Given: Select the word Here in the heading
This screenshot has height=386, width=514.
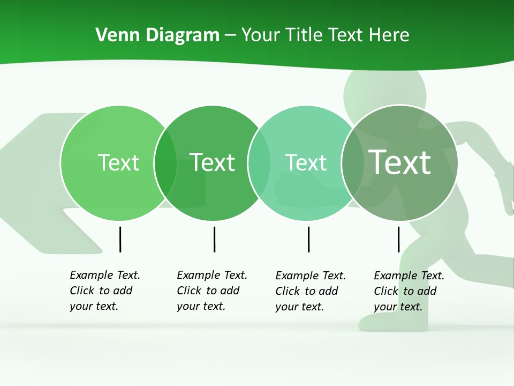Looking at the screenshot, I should [389, 35].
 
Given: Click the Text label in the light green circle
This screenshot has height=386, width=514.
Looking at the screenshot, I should [118, 162].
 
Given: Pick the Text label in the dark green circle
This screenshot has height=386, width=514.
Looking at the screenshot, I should [213, 162].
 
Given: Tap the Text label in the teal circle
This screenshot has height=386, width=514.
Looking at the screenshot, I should [306, 162].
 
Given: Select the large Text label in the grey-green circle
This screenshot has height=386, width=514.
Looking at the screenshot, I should [399, 162].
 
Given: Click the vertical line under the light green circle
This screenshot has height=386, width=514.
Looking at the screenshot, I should [120, 239].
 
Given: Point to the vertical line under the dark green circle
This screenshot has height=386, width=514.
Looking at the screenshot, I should [214, 239].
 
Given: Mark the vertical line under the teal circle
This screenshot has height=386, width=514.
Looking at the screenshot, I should [308, 239].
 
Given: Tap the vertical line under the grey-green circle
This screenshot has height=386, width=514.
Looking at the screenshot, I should [398, 239].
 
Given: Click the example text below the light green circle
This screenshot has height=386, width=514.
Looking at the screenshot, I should [104, 291].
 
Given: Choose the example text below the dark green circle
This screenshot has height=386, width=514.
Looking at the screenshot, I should [211, 291].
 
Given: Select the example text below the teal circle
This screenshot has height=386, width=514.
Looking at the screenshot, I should [310, 291].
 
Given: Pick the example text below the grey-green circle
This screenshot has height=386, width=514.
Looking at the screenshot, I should [409, 291].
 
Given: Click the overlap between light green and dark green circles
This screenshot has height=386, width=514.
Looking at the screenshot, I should [165, 163].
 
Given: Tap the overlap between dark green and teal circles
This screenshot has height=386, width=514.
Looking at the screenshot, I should [259, 163].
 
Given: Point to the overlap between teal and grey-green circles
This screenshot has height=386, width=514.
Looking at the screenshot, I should [352, 163].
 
